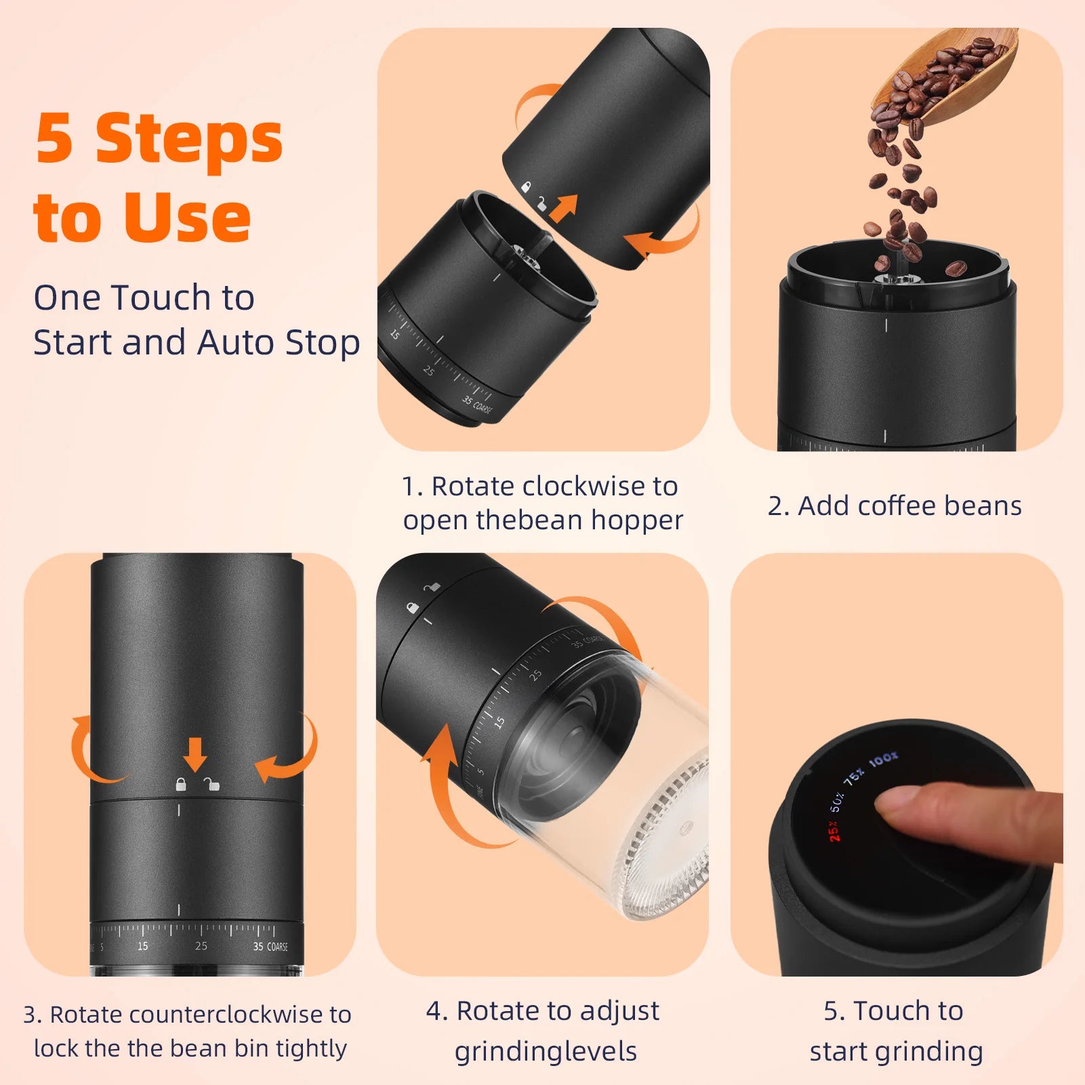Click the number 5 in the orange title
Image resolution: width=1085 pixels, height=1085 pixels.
tap(54, 139)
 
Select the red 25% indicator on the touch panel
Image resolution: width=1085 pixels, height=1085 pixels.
tap(834, 831)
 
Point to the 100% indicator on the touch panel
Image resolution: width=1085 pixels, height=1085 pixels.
tap(883, 760)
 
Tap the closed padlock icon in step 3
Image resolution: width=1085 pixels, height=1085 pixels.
tap(180, 784)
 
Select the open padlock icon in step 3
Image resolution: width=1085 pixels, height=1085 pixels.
tap(212, 784)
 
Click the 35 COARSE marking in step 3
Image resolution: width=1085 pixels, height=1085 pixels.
tap(270, 946)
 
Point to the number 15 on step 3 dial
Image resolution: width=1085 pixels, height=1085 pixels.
tap(142, 946)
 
